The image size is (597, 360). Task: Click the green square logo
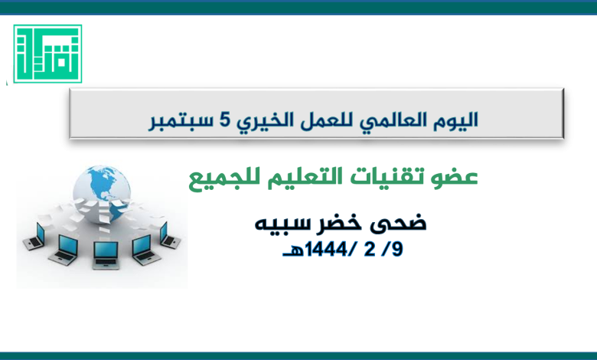47,54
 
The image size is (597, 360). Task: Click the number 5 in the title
225,119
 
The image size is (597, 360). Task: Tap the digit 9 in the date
396,250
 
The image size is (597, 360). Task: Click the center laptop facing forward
106,255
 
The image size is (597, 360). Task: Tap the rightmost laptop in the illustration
169,235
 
